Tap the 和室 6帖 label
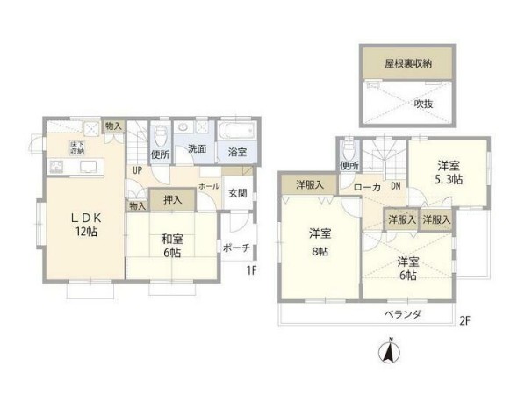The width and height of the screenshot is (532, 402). pos(171,243)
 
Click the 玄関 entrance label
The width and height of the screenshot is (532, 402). pos(237,194)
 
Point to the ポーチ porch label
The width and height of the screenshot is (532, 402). pos(236,248)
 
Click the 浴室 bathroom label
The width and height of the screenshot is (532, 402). pos(237,152)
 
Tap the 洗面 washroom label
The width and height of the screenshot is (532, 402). pos(197,149)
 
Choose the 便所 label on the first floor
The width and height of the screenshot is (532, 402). pos(160,154)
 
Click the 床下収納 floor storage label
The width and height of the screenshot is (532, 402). pos(78,147)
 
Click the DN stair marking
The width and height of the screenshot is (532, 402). pos(395,186)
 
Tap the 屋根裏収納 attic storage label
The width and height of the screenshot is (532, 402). pos(407,65)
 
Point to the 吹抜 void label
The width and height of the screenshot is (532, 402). pos(424,103)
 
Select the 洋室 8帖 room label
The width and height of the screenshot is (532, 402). pos(320,241)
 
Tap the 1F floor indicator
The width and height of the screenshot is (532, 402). pos(251,269)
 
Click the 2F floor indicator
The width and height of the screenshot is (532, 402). pos(464,320)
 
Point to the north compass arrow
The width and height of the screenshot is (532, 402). pos(385,353)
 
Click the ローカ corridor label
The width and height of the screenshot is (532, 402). pos(366,187)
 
